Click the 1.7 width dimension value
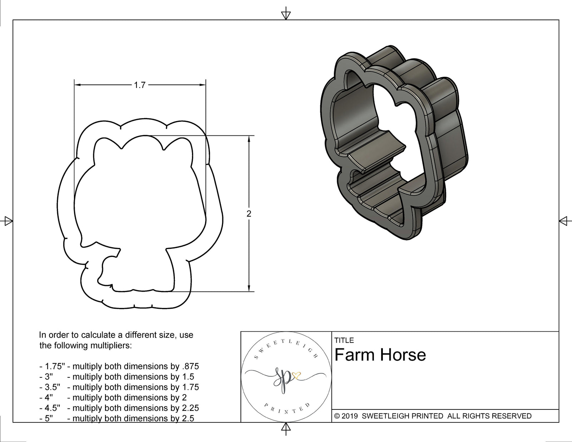click(x=140, y=85)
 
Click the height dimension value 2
click(x=249, y=214)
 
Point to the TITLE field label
click(x=344, y=340)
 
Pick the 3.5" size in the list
click(x=52, y=387)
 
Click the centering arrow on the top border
click(x=286, y=15)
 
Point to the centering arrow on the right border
click(x=564, y=221)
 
